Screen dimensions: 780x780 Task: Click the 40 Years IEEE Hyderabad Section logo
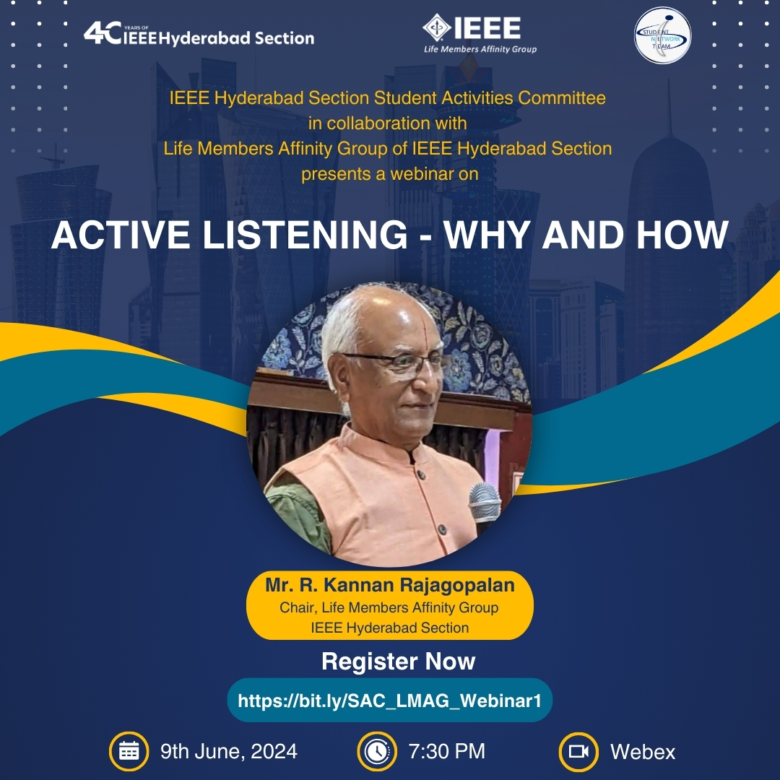coord(199,34)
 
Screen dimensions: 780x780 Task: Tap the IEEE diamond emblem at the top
coord(436,27)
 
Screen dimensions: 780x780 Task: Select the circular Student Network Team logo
coord(662,35)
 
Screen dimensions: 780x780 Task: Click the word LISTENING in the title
coord(305,235)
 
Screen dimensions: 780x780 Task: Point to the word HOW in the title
coord(682,235)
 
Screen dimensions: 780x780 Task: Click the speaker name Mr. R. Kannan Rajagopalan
coord(390,585)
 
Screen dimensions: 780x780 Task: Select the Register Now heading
coord(399,661)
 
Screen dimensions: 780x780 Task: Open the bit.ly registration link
coord(389,701)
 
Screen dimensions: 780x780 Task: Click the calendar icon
coord(129,751)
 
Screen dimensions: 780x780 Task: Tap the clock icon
coord(377,751)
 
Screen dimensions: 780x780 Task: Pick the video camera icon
coord(578,751)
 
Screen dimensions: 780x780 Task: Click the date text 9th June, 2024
coord(229,752)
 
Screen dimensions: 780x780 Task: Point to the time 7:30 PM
coord(447,752)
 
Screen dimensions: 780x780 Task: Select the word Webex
coord(643,752)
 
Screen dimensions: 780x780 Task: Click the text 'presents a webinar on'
coord(390,174)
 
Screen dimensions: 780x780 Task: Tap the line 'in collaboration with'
coord(388,123)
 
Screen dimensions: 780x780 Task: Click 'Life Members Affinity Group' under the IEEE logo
coord(480,49)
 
